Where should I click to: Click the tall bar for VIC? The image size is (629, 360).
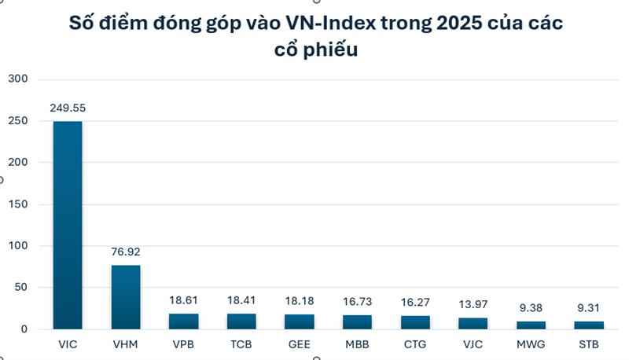click(x=68, y=225)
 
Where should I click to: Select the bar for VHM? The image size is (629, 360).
click(x=126, y=297)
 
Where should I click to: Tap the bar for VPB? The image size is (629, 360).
click(x=183, y=321)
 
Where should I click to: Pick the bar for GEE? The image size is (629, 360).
click(x=299, y=321)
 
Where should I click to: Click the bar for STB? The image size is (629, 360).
click(x=588, y=325)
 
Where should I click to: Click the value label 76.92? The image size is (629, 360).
click(x=126, y=253)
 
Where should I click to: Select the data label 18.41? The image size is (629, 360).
click(x=241, y=301)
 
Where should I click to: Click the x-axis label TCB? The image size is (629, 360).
click(x=241, y=344)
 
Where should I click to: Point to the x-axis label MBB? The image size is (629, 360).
click(x=357, y=344)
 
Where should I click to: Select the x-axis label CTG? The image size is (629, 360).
click(x=414, y=344)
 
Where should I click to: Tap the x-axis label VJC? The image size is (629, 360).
click(x=473, y=344)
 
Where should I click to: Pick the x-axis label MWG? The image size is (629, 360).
click(x=531, y=344)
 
